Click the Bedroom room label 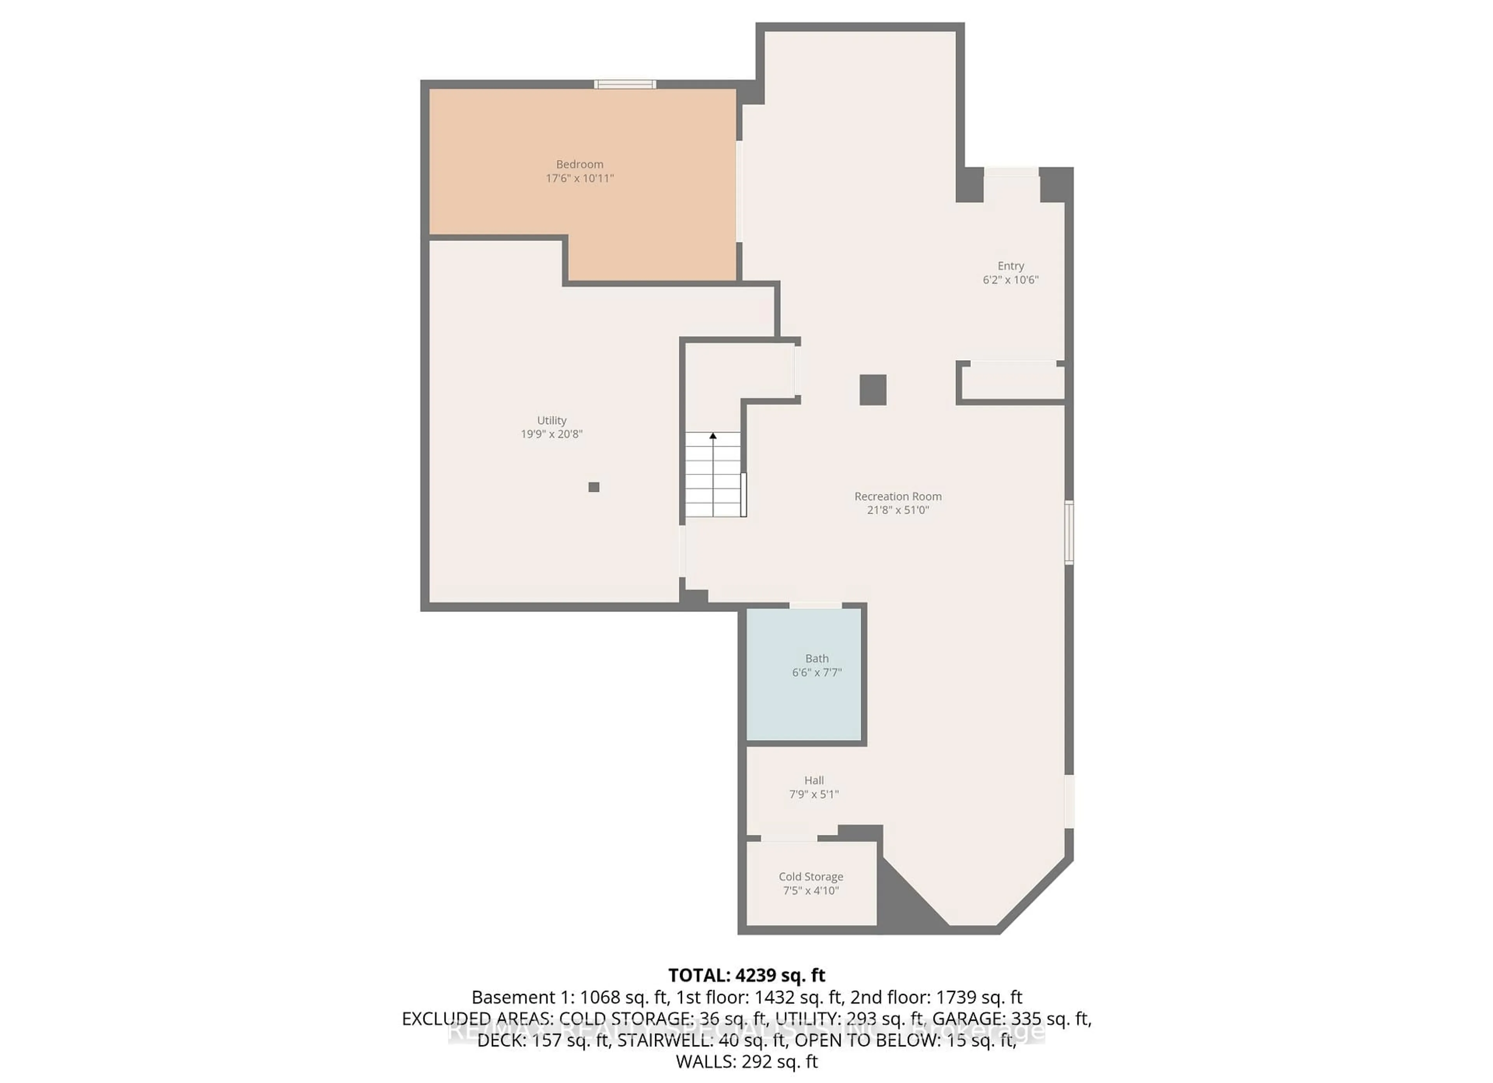[x=579, y=164]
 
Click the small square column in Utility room [x=594, y=487]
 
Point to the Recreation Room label [x=898, y=496]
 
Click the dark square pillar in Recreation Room [x=873, y=389]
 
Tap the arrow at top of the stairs [x=713, y=435]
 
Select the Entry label [x=1010, y=265]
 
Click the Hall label [x=814, y=780]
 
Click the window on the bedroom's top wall [x=625, y=84]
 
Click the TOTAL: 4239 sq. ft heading [x=746, y=975]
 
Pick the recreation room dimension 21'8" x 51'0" [x=898, y=510]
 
